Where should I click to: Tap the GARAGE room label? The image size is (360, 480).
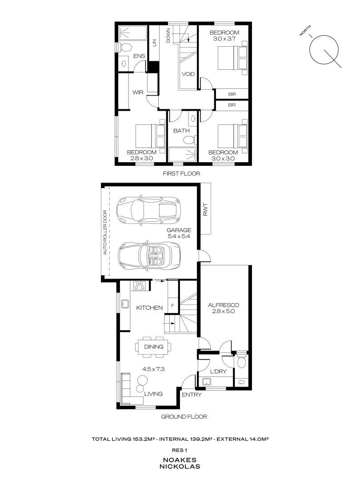(x=179, y=230)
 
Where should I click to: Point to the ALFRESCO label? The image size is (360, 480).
(x=224, y=305)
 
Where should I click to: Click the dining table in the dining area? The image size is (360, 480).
(x=153, y=347)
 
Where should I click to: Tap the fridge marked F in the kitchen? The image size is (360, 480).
(x=173, y=306)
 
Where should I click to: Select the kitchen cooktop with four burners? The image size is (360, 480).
(x=140, y=286)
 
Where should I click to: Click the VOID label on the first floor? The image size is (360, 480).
(x=188, y=74)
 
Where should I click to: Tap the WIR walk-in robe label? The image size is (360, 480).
(x=137, y=92)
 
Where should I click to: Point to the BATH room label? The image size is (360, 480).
(x=181, y=131)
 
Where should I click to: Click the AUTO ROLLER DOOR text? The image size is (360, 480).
(x=105, y=232)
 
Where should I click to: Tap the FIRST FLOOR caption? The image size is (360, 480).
(x=181, y=174)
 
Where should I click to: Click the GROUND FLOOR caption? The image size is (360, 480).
(x=184, y=417)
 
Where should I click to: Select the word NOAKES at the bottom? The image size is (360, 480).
(x=180, y=460)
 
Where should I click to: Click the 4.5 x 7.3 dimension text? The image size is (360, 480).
(x=153, y=368)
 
